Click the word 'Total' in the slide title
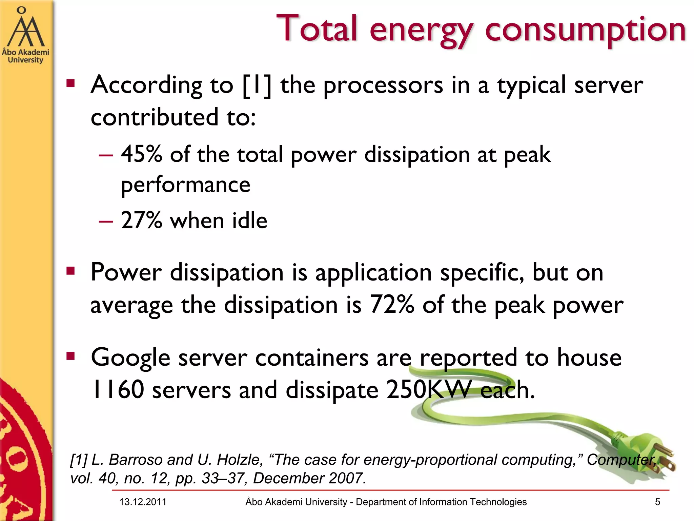pos(317,29)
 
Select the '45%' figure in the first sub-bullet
pos(141,154)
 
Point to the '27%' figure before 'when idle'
pos(141,220)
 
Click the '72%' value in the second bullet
pos(392,304)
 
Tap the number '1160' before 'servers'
pos(118,390)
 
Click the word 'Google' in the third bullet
pos(130,358)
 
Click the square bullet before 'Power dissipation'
pos(70,271)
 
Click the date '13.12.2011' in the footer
pos(143,502)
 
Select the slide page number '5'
pos(657,502)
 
